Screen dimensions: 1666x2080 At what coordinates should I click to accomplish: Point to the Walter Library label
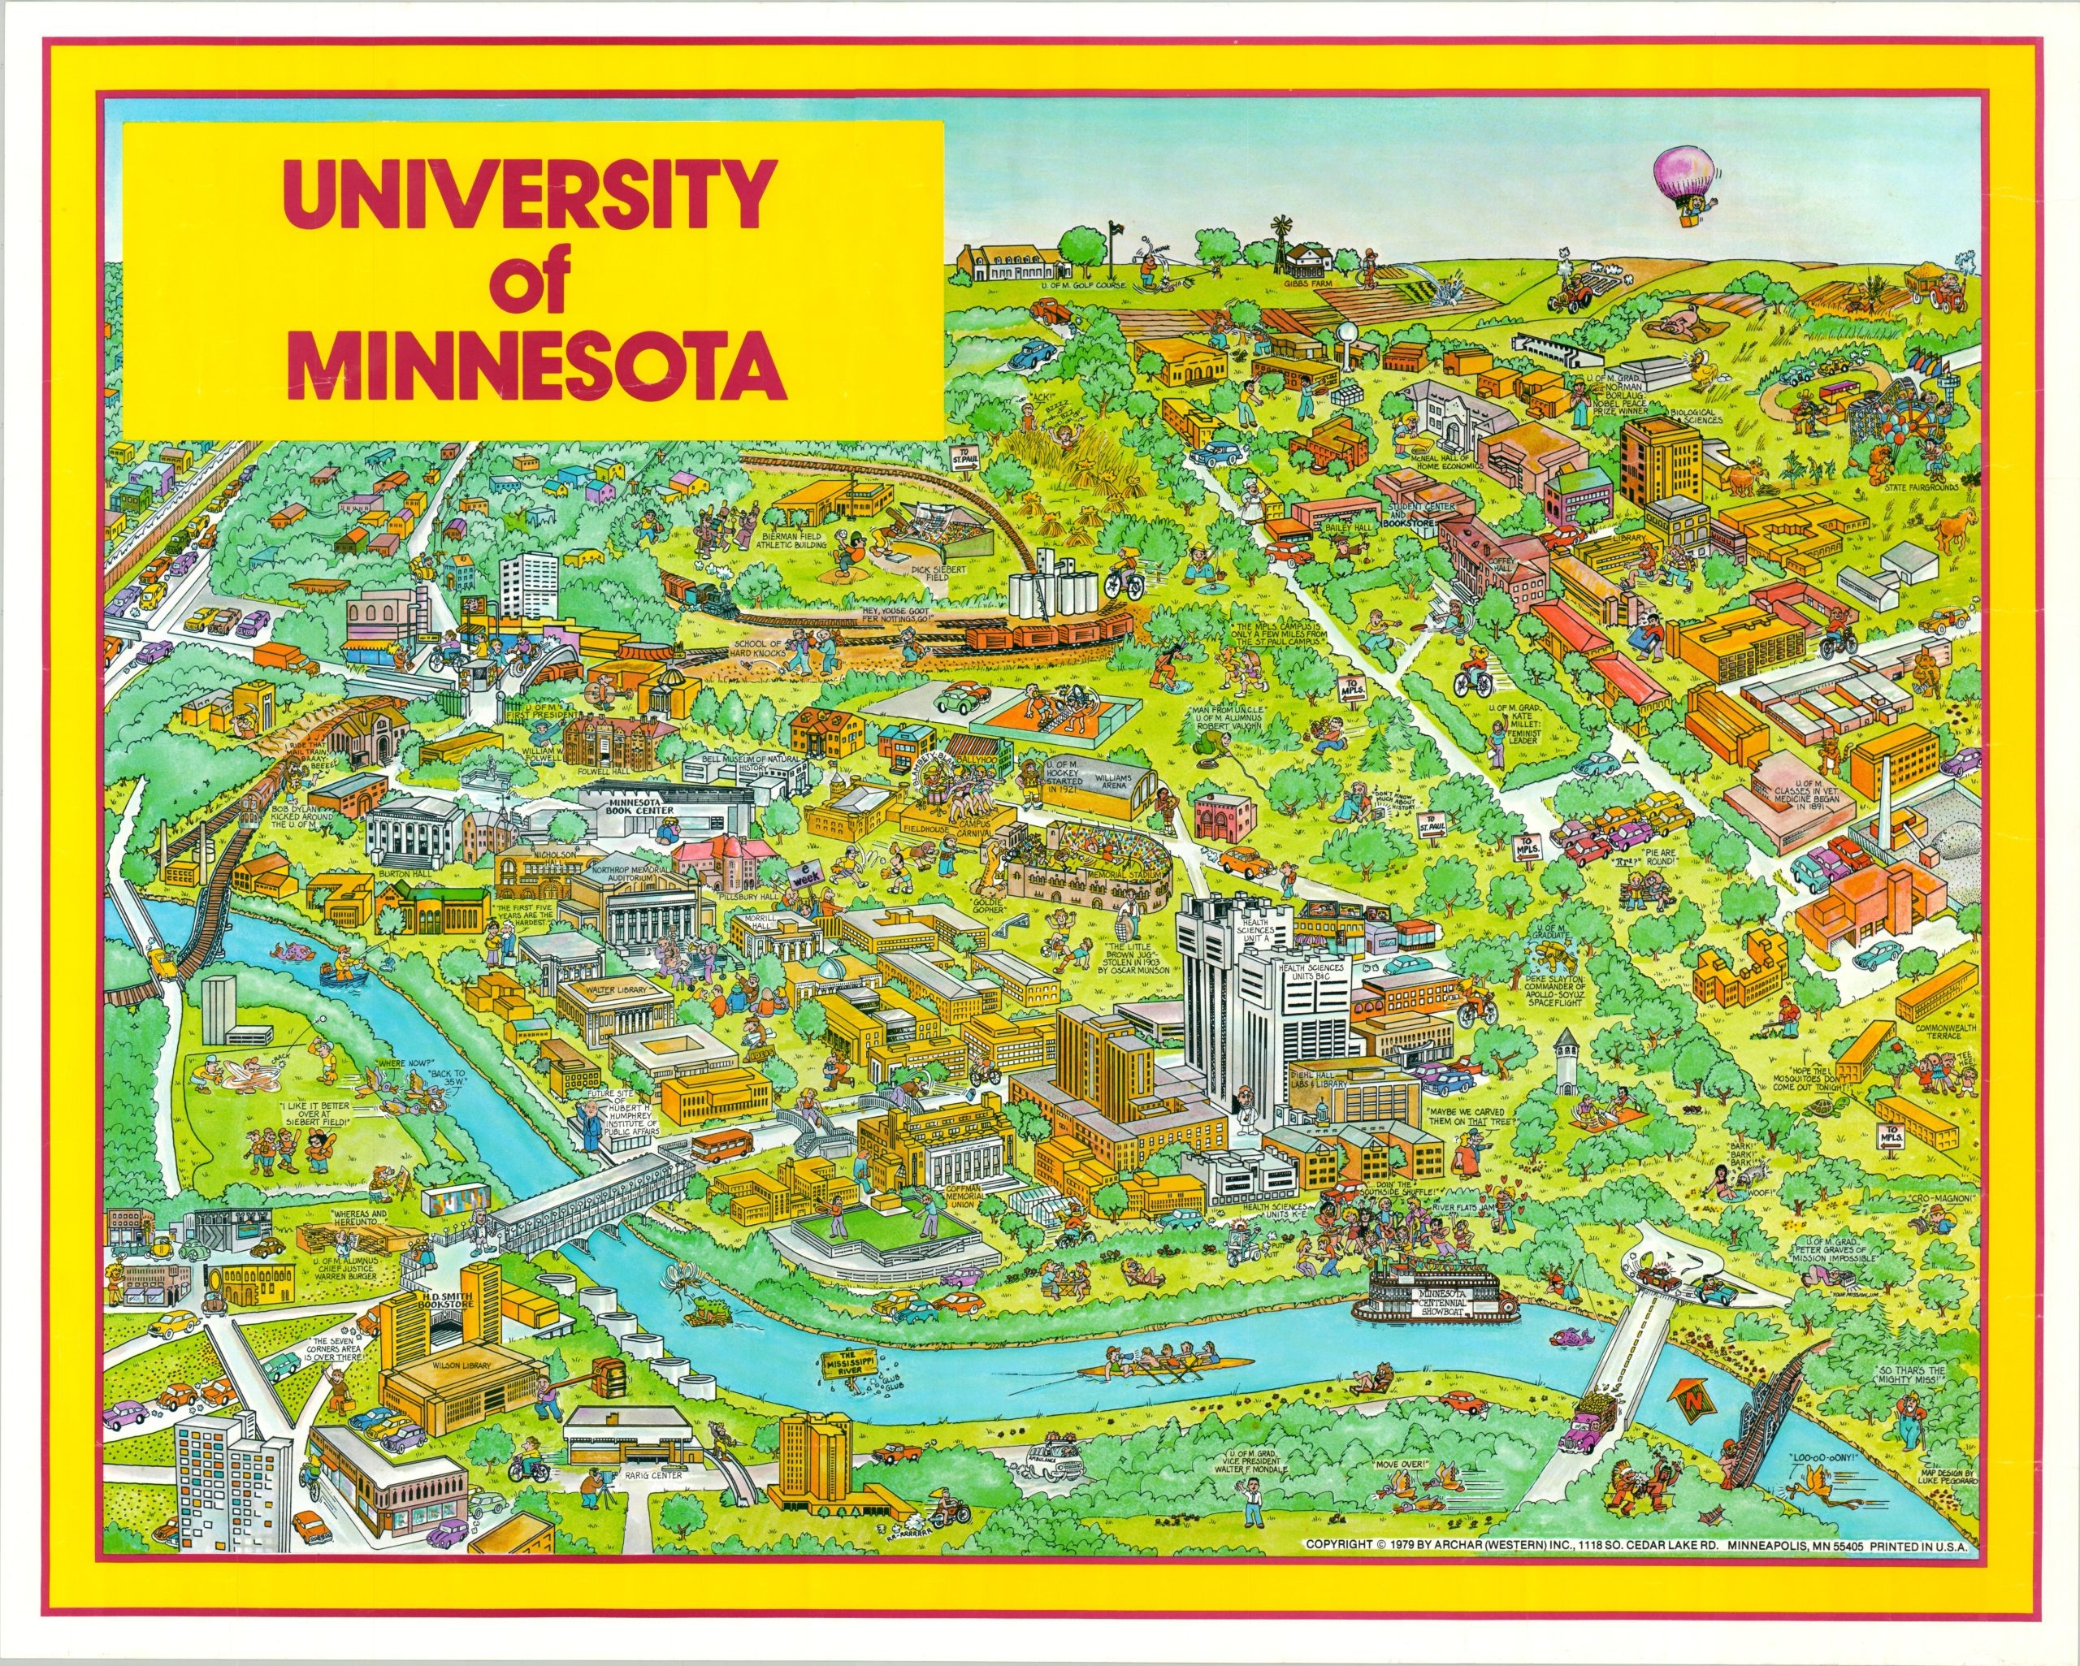(x=618, y=991)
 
